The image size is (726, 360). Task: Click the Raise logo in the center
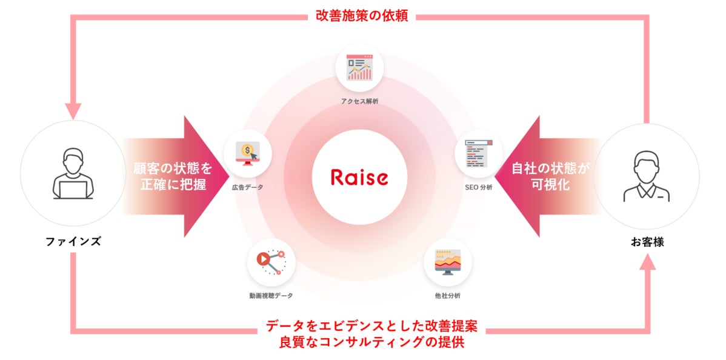click(359, 178)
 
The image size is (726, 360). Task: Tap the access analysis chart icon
click(359, 68)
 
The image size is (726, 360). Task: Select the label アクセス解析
click(359, 101)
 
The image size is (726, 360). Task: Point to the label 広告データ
click(247, 187)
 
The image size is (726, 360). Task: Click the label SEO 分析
click(479, 187)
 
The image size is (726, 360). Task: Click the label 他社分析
click(447, 296)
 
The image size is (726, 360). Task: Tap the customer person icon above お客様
click(647, 176)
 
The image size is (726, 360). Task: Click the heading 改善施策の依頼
click(362, 16)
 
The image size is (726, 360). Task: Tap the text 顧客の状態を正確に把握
click(173, 176)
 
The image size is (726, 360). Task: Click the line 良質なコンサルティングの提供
click(371, 342)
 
